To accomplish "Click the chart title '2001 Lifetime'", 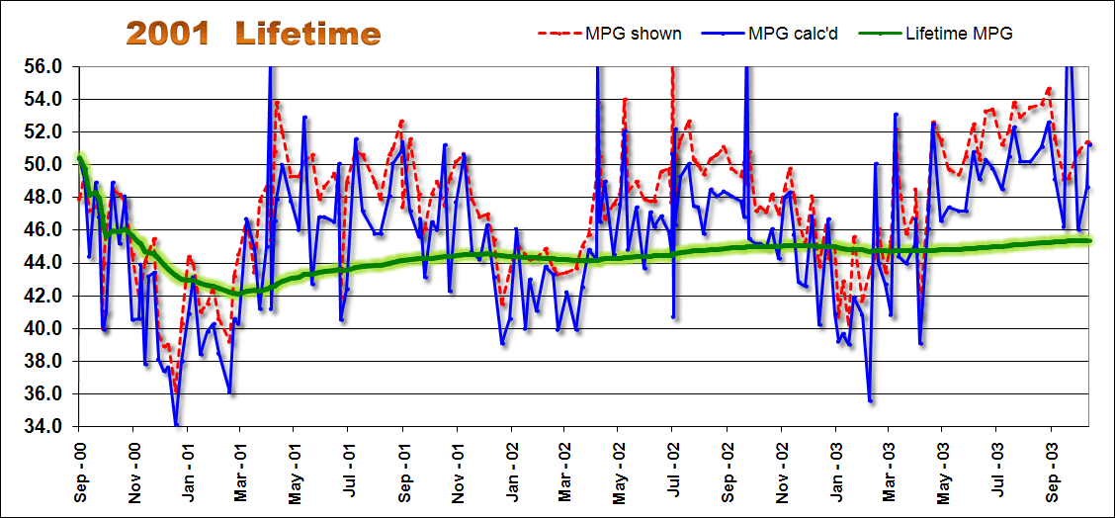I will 252,34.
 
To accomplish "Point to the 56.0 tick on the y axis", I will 44,66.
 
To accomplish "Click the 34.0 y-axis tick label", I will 44,426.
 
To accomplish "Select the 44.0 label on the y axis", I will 44,263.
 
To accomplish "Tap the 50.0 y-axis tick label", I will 44,164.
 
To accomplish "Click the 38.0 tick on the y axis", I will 44,361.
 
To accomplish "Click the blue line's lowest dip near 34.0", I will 176,425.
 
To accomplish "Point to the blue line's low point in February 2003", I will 870,400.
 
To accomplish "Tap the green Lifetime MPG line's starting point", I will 80,157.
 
